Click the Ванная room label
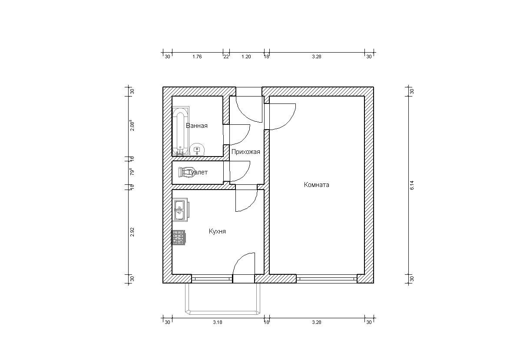197,126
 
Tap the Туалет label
198,172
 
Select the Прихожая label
245,152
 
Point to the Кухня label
217,231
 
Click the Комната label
316,185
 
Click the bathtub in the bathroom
180,132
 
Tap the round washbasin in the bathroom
197,149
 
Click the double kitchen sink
180,210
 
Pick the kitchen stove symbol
179,237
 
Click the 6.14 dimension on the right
412,185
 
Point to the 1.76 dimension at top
197,57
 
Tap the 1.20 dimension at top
246,57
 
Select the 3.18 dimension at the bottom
218,322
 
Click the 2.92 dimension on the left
132,232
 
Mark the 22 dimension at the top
226,57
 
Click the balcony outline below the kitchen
222,313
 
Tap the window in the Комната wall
327,279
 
